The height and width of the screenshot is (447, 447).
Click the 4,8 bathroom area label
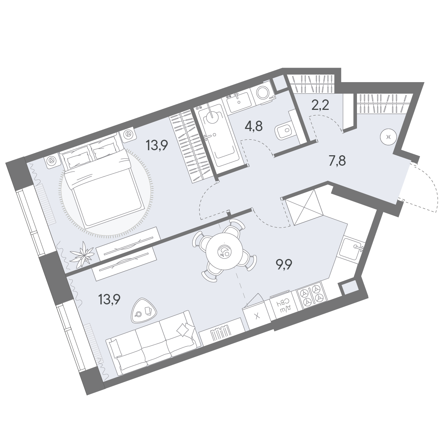point(254,126)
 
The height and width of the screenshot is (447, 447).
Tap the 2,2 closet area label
point(321,106)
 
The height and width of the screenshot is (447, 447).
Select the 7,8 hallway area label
point(337,161)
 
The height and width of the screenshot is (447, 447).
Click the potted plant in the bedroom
point(83,254)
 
